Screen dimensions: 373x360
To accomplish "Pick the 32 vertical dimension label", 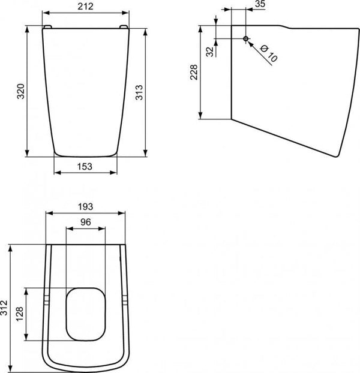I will click(x=209, y=52).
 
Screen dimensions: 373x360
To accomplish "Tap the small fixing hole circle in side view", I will click(x=245, y=39).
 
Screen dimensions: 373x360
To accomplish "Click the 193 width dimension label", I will click(x=85, y=206).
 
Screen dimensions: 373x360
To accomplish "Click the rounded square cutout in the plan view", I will click(x=86, y=312).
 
